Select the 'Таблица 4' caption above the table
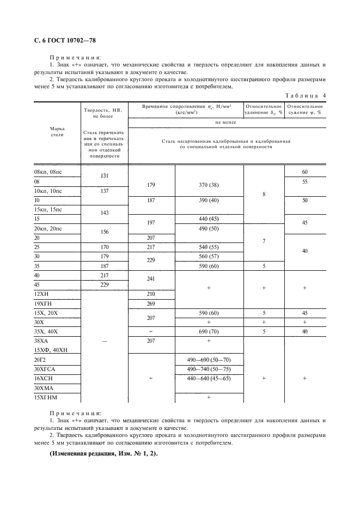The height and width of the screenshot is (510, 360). [306, 95]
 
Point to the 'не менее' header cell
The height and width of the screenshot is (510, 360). [225, 123]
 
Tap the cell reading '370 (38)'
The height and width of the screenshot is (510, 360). [209, 185]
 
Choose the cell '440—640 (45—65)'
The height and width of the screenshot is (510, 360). [209, 378]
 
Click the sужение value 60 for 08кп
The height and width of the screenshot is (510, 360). [304, 172]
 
